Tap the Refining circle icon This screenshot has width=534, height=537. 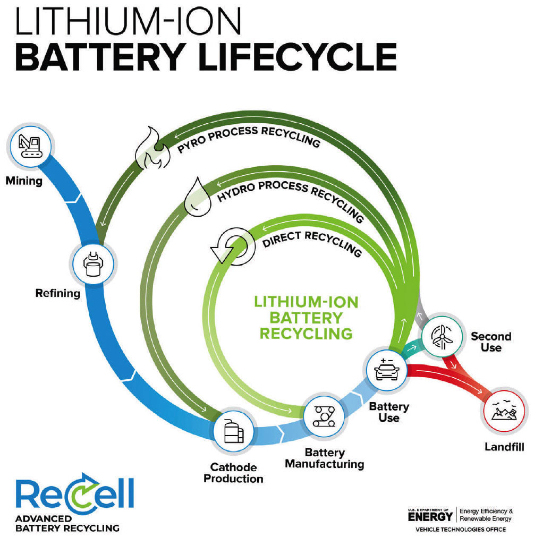coord(94,262)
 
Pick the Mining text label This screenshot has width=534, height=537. coord(23,182)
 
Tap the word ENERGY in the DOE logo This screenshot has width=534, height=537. coord(430,516)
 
